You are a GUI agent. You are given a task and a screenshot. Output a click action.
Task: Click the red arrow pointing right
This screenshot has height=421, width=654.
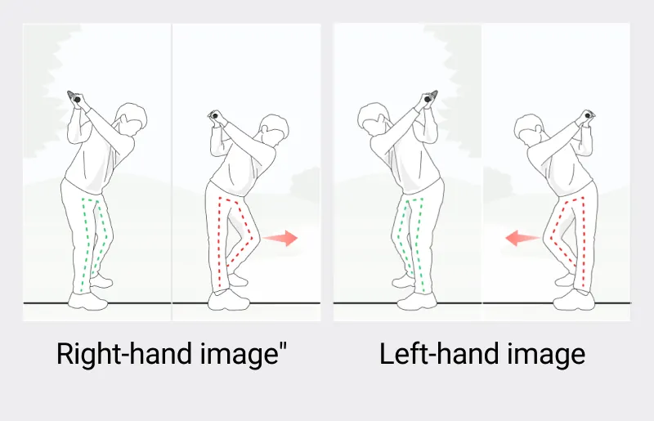[280, 238]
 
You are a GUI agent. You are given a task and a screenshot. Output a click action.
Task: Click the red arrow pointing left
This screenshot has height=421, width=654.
[522, 238]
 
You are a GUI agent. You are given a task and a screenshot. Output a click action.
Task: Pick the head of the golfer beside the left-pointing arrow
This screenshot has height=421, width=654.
[530, 128]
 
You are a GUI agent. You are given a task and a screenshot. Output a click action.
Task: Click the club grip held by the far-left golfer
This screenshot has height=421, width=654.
[74, 96]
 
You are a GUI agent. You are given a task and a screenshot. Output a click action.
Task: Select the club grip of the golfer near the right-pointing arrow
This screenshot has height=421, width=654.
[213, 115]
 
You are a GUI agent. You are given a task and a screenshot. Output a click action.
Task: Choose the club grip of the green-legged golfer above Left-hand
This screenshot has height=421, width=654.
[430, 96]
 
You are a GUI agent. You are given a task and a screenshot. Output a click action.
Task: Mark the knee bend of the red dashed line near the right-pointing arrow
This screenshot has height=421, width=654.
[253, 237]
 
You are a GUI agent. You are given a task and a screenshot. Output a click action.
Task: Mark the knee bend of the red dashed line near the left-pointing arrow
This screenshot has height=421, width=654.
[551, 237]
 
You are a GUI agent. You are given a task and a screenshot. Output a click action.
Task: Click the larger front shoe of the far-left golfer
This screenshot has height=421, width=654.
[88, 301]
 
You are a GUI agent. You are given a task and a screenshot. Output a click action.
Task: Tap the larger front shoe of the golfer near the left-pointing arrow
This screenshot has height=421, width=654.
[574, 300]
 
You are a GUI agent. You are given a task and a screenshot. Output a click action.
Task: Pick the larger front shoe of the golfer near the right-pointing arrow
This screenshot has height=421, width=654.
[229, 300]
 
